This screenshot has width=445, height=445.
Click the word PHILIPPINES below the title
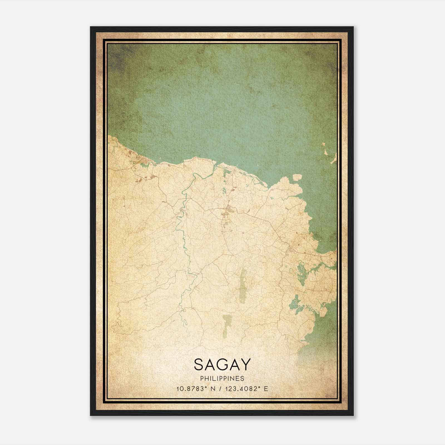pyautogui.click(x=222, y=379)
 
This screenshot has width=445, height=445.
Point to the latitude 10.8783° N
pyautogui.click(x=195, y=389)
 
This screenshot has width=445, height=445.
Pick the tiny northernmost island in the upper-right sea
pyautogui.click(x=324, y=144)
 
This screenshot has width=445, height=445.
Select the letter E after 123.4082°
pyautogui.click(x=266, y=389)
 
